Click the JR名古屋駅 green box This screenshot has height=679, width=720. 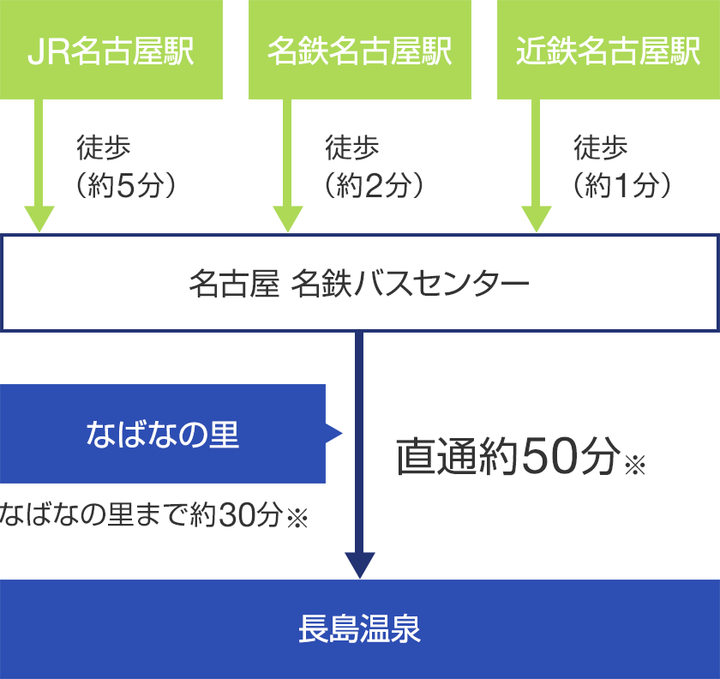coord(111,50)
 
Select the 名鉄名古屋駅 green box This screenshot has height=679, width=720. coord(360,50)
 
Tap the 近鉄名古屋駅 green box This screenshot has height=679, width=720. coord(609,50)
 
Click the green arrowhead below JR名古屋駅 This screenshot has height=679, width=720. coord(39,219)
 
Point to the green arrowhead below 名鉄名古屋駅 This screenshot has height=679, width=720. coord(288,219)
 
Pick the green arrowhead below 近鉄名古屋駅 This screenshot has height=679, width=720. coord(537,219)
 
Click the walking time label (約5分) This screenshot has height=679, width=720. coord(126,185)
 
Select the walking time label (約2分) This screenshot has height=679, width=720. coord(375,185)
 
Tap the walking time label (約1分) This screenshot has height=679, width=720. coord(622,185)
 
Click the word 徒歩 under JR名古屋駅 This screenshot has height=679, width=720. coord(104,147)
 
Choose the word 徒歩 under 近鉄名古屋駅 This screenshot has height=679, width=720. coord(601,147)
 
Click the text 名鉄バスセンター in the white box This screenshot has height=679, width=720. coord(410,283)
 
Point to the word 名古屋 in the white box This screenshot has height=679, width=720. coord(234,283)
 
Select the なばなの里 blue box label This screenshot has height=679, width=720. coord(163,434)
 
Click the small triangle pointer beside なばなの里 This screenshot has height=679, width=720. coord(333,433)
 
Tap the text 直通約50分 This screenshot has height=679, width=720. coord(508,456)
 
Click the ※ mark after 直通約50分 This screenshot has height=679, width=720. coord(635,464)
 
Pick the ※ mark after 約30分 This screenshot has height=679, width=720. coord(297,518)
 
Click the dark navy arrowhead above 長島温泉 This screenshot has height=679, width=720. coord(360,565)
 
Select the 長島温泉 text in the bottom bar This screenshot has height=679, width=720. coord(359,629)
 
